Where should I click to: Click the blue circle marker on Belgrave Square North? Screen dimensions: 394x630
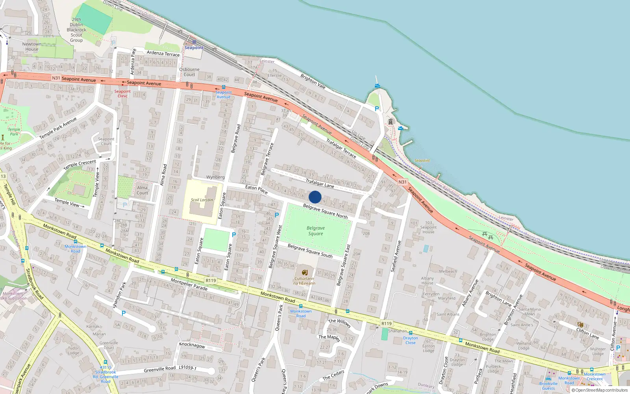[x=315, y=197]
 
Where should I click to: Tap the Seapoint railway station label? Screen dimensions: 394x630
[x=194, y=48]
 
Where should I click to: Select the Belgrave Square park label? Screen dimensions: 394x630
[x=315, y=231]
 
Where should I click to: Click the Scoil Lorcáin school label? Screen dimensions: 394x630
[x=202, y=200]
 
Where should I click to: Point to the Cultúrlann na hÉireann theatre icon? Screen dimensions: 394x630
[x=304, y=272]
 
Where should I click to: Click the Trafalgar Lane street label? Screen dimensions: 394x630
[x=320, y=183]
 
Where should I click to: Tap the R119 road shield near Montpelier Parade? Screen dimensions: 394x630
[x=211, y=281]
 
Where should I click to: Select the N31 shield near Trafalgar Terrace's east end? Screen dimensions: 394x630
[x=402, y=182]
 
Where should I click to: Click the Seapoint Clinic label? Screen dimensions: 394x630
[x=122, y=94]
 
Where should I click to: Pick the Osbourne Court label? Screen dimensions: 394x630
[x=189, y=72]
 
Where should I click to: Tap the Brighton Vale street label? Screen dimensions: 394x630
[x=313, y=81]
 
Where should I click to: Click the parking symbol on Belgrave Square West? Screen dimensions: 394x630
[x=277, y=215]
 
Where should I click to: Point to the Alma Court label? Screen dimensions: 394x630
[x=142, y=190]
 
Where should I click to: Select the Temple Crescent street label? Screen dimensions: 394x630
[x=80, y=164]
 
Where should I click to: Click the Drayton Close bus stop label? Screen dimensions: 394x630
[x=410, y=340]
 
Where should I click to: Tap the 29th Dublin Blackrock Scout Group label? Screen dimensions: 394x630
[x=76, y=30]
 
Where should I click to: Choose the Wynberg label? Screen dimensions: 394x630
[x=215, y=177]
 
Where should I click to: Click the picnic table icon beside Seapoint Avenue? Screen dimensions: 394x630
[x=487, y=236]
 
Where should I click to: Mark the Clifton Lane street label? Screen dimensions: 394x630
[x=587, y=333]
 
